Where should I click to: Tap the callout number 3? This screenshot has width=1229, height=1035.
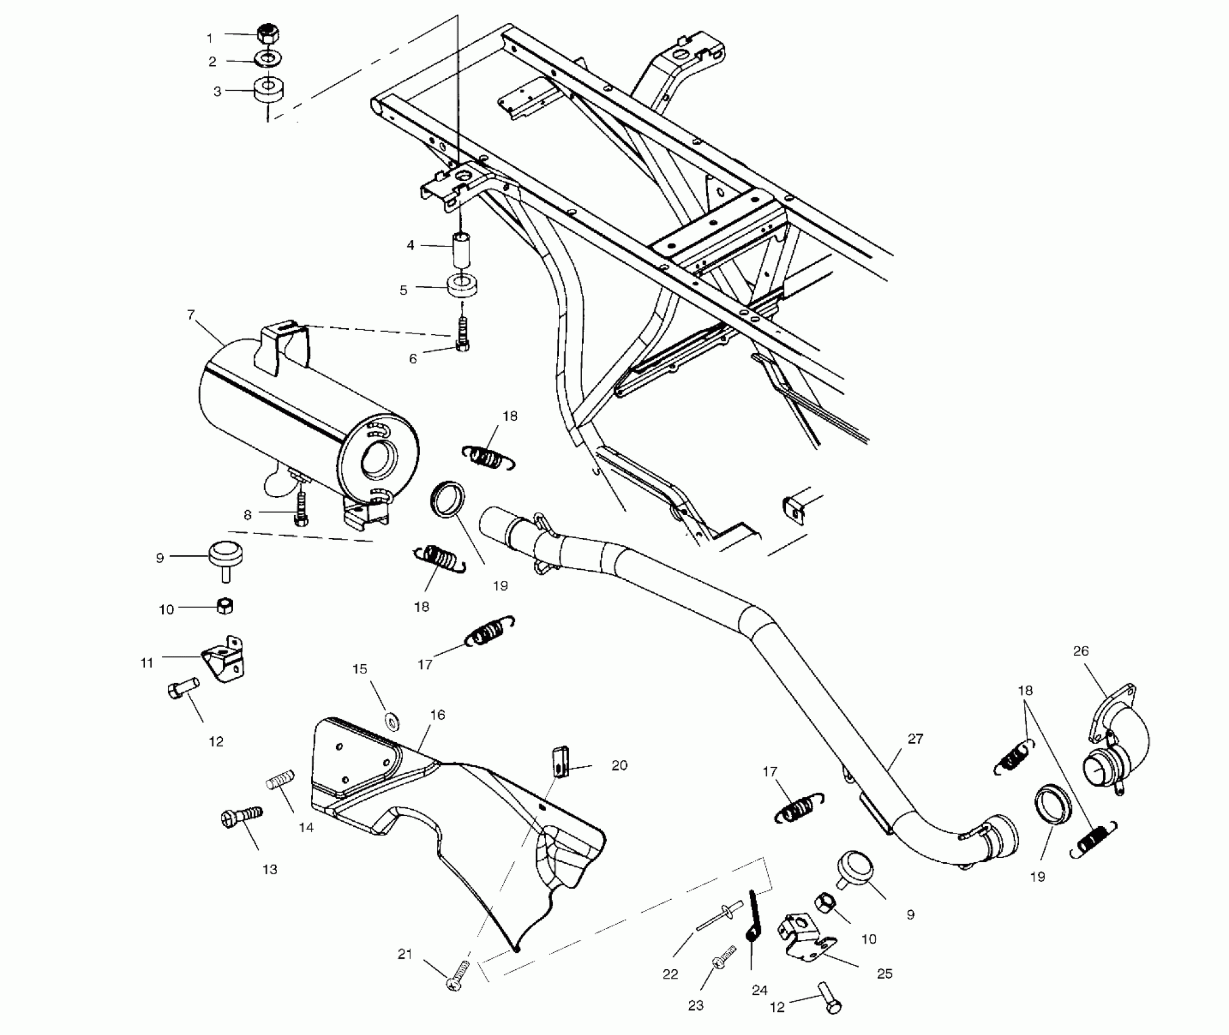[x=217, y=92]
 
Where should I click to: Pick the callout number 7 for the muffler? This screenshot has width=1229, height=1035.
[x=191, y=315]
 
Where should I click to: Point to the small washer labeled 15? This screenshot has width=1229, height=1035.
[x=393, y=722]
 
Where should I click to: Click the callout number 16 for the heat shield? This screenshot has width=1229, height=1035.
[x=437, y=715]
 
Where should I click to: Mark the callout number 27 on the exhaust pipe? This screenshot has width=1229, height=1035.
[x=915, y=739]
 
